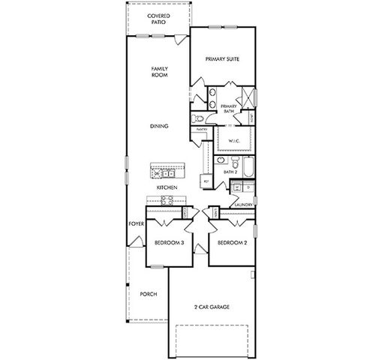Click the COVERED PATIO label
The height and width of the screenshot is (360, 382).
(x=158, y=18)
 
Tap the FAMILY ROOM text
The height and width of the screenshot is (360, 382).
(x=158, y=72)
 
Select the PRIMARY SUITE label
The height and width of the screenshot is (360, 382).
(x=222, y=59)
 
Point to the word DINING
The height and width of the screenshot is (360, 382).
(x=158, y=126)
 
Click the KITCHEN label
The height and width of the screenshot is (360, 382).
(x=167, y=187)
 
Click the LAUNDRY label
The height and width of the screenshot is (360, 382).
(x=242, y=204)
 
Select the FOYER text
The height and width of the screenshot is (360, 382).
(x=136, y=223)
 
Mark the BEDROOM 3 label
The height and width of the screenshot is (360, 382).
(x=169, y=243)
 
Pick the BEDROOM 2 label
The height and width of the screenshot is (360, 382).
(x=232, y=243)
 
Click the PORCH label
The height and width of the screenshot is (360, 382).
(x=149, y=294)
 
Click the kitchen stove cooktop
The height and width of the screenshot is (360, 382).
(x=167, y=200)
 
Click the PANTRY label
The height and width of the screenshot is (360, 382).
(x=201, y=130)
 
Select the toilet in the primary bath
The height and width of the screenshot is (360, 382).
(x=199, y=118)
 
